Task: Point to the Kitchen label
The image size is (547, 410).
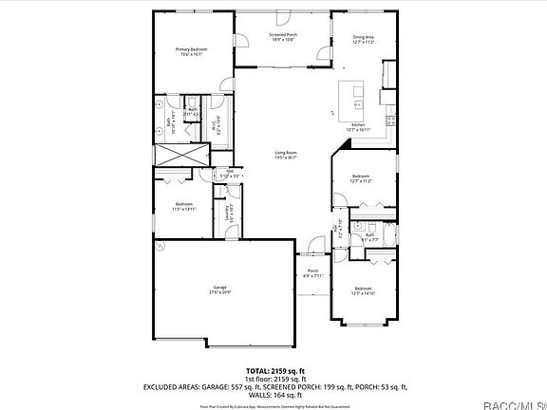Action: [359, 125]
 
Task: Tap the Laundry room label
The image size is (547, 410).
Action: [227, 215]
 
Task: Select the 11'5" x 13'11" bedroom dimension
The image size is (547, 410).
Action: [184, 208]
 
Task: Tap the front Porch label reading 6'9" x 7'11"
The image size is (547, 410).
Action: [313, 276]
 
